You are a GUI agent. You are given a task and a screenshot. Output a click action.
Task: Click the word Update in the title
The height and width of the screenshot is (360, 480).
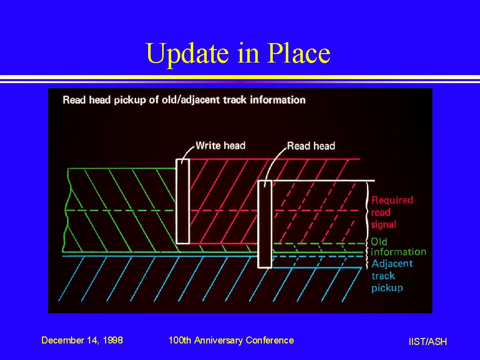click(x=187, y=54)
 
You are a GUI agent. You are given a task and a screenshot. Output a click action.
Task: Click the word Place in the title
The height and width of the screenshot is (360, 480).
click(x=299, y=53)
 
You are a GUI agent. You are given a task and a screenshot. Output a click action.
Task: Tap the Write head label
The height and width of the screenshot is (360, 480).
click(x=220, y=145)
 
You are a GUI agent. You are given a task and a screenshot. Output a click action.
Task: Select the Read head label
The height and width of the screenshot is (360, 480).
click(x=311, y=146)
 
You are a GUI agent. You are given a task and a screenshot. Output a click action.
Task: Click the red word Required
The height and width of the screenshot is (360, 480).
click(x=392, y=200)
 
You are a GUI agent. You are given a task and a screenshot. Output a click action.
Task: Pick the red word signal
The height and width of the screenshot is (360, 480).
click(x=383, y=225)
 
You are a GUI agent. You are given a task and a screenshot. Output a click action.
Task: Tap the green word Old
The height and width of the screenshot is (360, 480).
click(x=379, y=242)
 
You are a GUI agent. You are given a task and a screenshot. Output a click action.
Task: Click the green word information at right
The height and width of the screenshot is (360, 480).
click(x=398, y=252)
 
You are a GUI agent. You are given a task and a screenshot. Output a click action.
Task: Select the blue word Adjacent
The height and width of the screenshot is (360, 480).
click(x=392, y=264)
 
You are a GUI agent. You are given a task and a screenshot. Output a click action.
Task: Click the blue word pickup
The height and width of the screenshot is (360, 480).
click(x=387, y=288)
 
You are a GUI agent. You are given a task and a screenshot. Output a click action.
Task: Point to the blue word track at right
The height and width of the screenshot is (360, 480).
click(x=383, y=276)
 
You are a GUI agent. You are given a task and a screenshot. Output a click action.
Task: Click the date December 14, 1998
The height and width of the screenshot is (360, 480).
click(x=82, y=340)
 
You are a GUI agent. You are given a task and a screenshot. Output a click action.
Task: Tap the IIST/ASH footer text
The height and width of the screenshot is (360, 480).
click(x=427, y=341)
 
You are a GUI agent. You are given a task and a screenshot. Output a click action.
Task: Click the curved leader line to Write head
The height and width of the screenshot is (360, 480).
click(x=187, y=153)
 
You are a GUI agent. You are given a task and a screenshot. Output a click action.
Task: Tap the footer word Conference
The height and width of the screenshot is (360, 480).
click(x=270, y=340)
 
